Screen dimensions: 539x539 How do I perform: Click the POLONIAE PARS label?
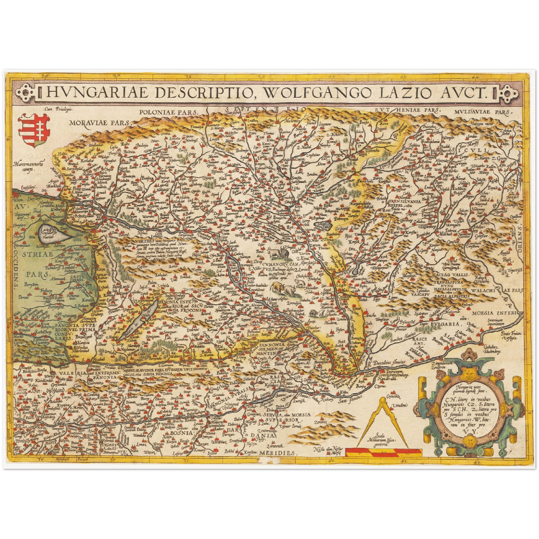point(168,112)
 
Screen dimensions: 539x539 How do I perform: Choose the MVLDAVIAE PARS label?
point(484,111)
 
